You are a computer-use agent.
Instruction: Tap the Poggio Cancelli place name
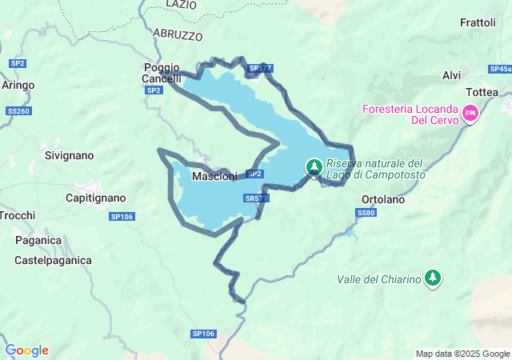click(x=161, y=73)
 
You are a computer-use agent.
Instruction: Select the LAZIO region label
click(x=181, y=5)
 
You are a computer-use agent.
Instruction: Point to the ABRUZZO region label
click(x=177, y=36)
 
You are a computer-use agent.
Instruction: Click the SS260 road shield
click(x=18, y=110)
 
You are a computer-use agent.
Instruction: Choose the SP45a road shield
click(x=500, y=70)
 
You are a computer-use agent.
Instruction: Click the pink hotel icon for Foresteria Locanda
click(x=471, y=114)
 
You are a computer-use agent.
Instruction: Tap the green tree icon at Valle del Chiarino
click(x=433, y=277)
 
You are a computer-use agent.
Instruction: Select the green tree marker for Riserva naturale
click(x=314, y=167)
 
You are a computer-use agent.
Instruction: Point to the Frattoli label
click(x=478, y=22)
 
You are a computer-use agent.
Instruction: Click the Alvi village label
click(x=451, y=75)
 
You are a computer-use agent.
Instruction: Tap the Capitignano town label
click(x=95, y=197)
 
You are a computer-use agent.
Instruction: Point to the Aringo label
click(x=18, y=84)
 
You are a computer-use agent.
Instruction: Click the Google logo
click(x=26, y=350)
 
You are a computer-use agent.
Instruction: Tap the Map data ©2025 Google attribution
click(x=462, y=354)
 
